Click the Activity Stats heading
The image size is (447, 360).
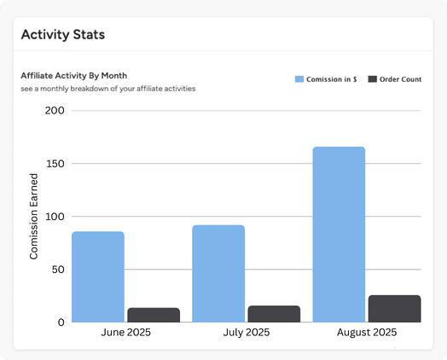click(62, 35)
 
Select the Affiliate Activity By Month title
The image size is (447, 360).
click(74, 75)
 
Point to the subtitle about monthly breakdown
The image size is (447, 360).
click(108, 89)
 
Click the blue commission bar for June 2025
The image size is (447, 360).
click(98, 276)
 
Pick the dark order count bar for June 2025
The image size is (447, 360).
click(154, 315)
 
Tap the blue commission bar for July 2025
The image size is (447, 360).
click(218, 273)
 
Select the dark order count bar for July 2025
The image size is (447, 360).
click(274, 314)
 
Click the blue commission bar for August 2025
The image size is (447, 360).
click(339, 235)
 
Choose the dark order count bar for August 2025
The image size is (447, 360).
click(394, 309)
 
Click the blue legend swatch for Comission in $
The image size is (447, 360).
click(299, 79)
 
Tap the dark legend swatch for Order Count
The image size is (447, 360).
click(373, 79)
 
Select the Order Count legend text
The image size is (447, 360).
click(402, 79)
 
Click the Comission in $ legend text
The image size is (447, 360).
click(332, 79)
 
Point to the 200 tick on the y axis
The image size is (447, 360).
click(53, 111)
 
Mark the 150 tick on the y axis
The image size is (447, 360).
click(54, 164)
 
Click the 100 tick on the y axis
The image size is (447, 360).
click(54, 217)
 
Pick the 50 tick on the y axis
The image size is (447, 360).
click(57, 270)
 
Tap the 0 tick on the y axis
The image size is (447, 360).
click(61, 322)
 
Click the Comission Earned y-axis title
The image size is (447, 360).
click(34, 217)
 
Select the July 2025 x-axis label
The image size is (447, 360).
click(246, 333)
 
